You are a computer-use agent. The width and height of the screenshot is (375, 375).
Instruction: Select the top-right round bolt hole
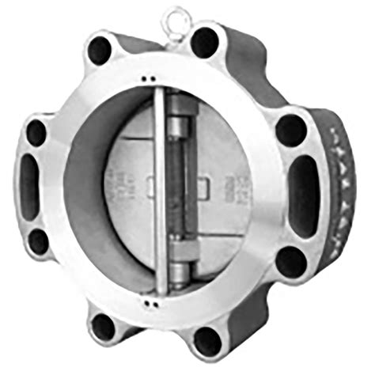205,41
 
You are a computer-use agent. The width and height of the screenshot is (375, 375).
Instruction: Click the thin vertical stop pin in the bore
158,190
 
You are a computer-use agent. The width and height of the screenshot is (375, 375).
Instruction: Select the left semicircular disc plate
131,190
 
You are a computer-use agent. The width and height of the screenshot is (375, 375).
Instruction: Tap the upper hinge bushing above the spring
178,127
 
